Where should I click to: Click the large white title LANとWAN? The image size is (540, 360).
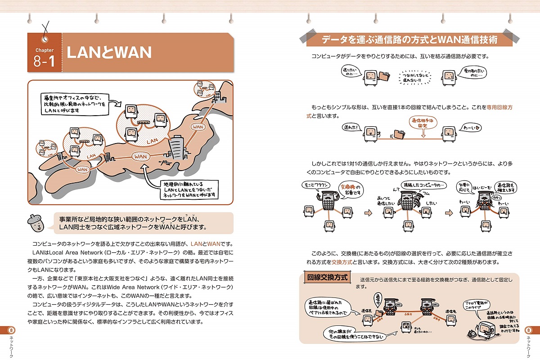point(109,53)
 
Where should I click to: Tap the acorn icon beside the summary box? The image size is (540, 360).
point(38,221)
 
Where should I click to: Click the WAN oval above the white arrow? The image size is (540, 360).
point(140,156)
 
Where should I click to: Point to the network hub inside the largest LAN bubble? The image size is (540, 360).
point(144,123)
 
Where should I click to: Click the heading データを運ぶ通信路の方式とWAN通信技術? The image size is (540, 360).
point(409,40)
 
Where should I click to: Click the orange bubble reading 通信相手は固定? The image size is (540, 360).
point(422,124)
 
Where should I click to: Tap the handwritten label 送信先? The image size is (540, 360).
point(452,311)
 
